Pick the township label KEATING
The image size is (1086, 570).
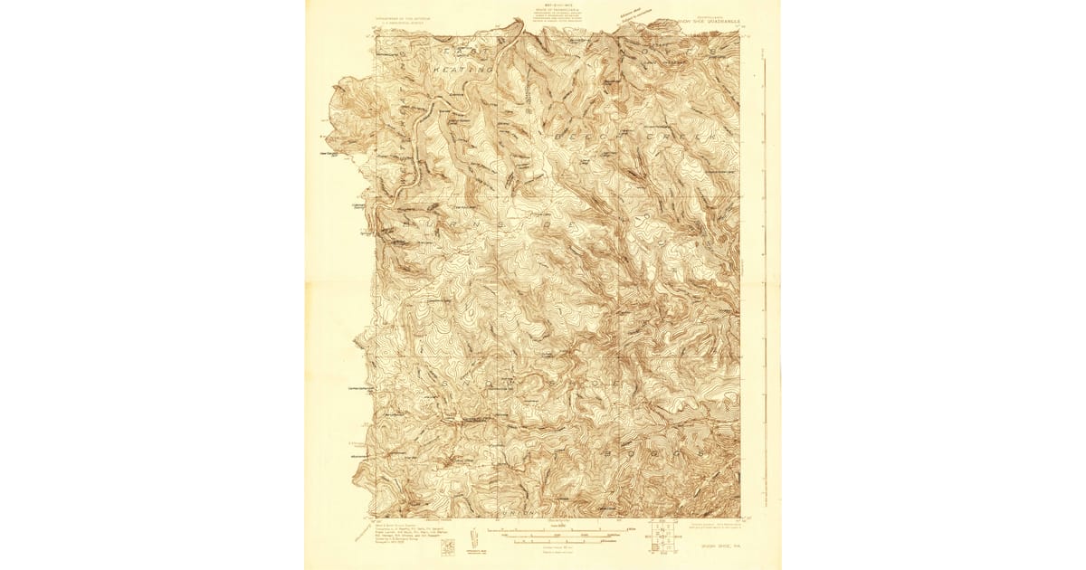[x=462, y=69]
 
